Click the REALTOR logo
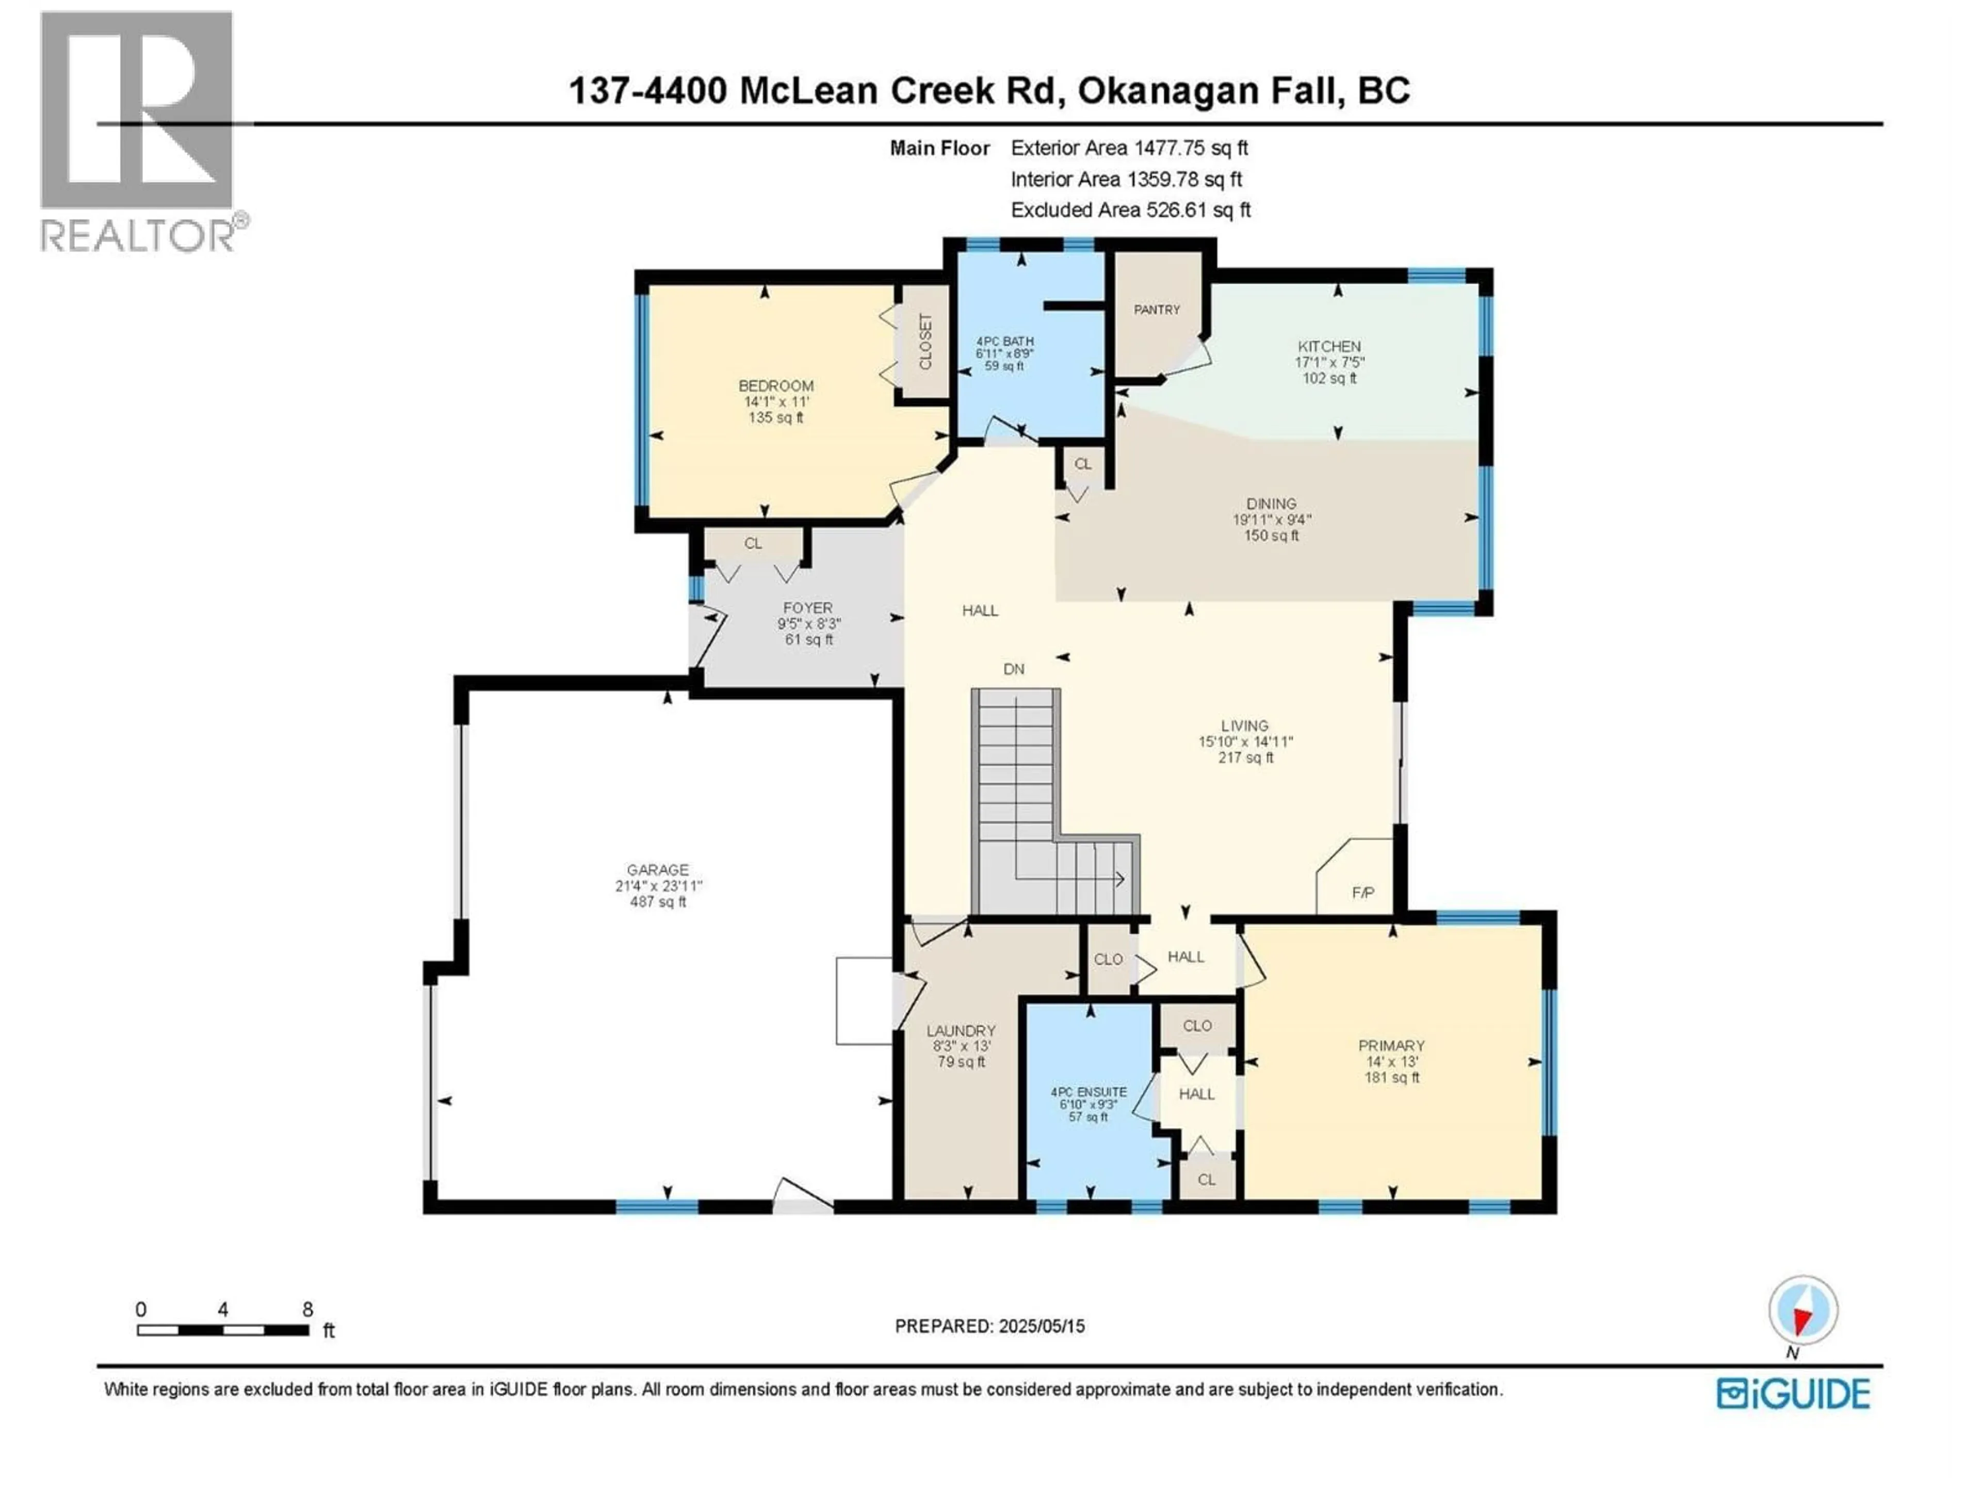[x=139, y=130]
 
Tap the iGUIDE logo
[x=1793, y=1394]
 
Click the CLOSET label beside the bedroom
[x=925, y=341]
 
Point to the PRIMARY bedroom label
[x=1391, y=1045]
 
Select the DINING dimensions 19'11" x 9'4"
[x=1271, y=520]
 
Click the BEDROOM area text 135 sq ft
[x=775, y=417]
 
